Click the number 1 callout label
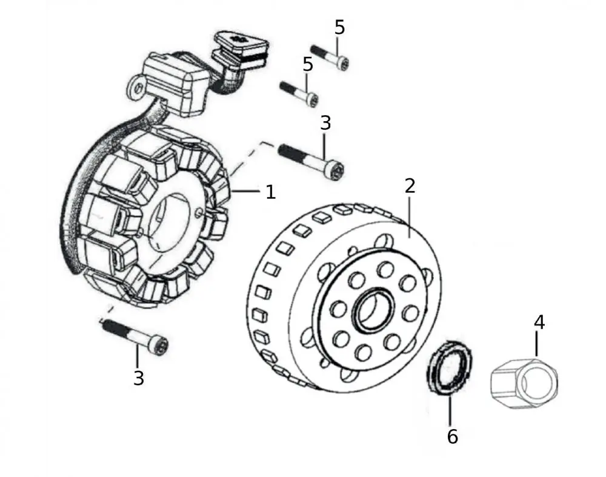click(270, 192)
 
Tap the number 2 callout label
click(410, 185)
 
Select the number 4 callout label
click(538, 322)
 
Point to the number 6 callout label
click(452, 436)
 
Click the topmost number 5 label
click(339, 27)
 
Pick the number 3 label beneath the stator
click(139, 378)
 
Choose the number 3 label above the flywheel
click(325, 123)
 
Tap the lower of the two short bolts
click(299, 93)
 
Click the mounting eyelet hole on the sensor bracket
click(138, 88)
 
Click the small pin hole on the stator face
click(201, 212)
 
